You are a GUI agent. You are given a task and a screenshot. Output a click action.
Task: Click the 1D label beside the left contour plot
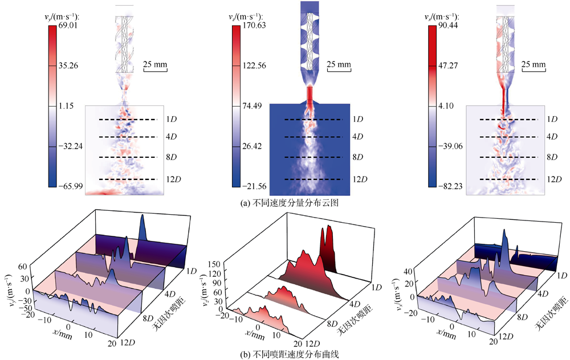(x=171, y=120)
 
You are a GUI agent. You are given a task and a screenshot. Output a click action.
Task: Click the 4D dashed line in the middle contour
(x=313, y=137)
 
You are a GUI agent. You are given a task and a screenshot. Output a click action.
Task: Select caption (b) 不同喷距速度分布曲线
(x=285, y=354)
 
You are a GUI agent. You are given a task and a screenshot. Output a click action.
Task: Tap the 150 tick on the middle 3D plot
(x=214, y=264)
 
